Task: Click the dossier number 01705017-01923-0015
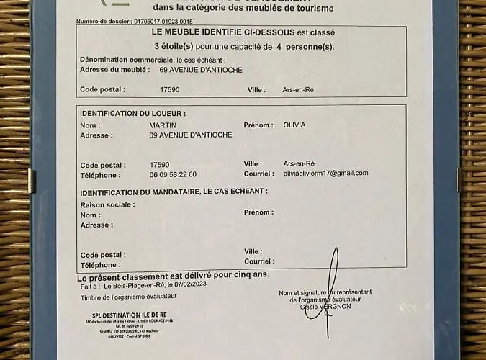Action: point(163,22)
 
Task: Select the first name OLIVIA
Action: point(294,125)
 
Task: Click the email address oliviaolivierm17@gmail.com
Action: point(325,173)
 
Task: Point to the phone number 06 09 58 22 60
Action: point(173,174)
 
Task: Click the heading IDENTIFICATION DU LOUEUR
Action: point(132,114)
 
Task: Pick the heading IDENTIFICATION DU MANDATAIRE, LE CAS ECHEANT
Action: point(174,192)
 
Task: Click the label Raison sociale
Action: point(107,204)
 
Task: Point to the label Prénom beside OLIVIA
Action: point(258,125)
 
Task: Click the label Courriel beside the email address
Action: point(258,173)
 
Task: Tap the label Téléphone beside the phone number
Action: point(100,174)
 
